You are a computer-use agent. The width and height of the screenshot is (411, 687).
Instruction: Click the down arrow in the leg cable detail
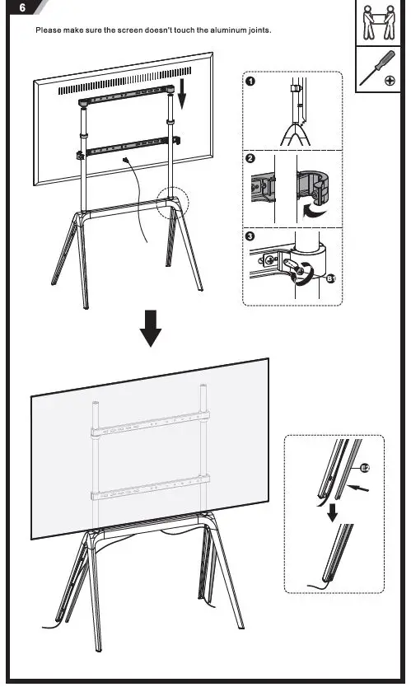click(329, 514)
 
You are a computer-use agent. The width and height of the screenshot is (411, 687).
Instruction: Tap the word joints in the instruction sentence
click(258, 30)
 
